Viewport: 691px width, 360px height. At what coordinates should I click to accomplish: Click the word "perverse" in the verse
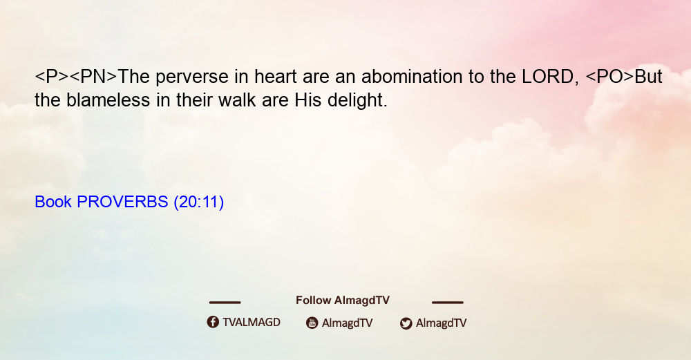[x=192, y=77]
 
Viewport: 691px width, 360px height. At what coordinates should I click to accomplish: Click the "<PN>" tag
[x=93, y=76]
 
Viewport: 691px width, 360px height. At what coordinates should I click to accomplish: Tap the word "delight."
[x=357, y=101]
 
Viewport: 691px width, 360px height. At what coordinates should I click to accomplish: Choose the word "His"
[x=308, y=100]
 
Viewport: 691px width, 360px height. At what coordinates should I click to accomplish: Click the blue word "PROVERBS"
[x=122, y=202]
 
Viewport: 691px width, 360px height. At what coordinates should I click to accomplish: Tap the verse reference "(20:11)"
[x=199, y=202]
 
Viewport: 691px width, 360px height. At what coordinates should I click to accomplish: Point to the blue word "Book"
[x=53, y=202]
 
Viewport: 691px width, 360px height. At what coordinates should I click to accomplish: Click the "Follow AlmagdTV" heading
[x=343, y=301]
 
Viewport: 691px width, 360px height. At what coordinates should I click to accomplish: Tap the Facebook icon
[x=213, y=322]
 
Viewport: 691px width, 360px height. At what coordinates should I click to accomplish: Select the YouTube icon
[x=312, y=323]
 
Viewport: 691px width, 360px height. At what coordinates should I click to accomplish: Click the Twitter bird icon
[x=406, y=323]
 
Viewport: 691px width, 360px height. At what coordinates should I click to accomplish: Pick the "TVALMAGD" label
[x=252, y=322]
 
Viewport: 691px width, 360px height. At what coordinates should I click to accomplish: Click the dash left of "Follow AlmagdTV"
[x=225, y=302]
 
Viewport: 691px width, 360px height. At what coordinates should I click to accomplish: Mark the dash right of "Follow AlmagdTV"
[x=448, y=302]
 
